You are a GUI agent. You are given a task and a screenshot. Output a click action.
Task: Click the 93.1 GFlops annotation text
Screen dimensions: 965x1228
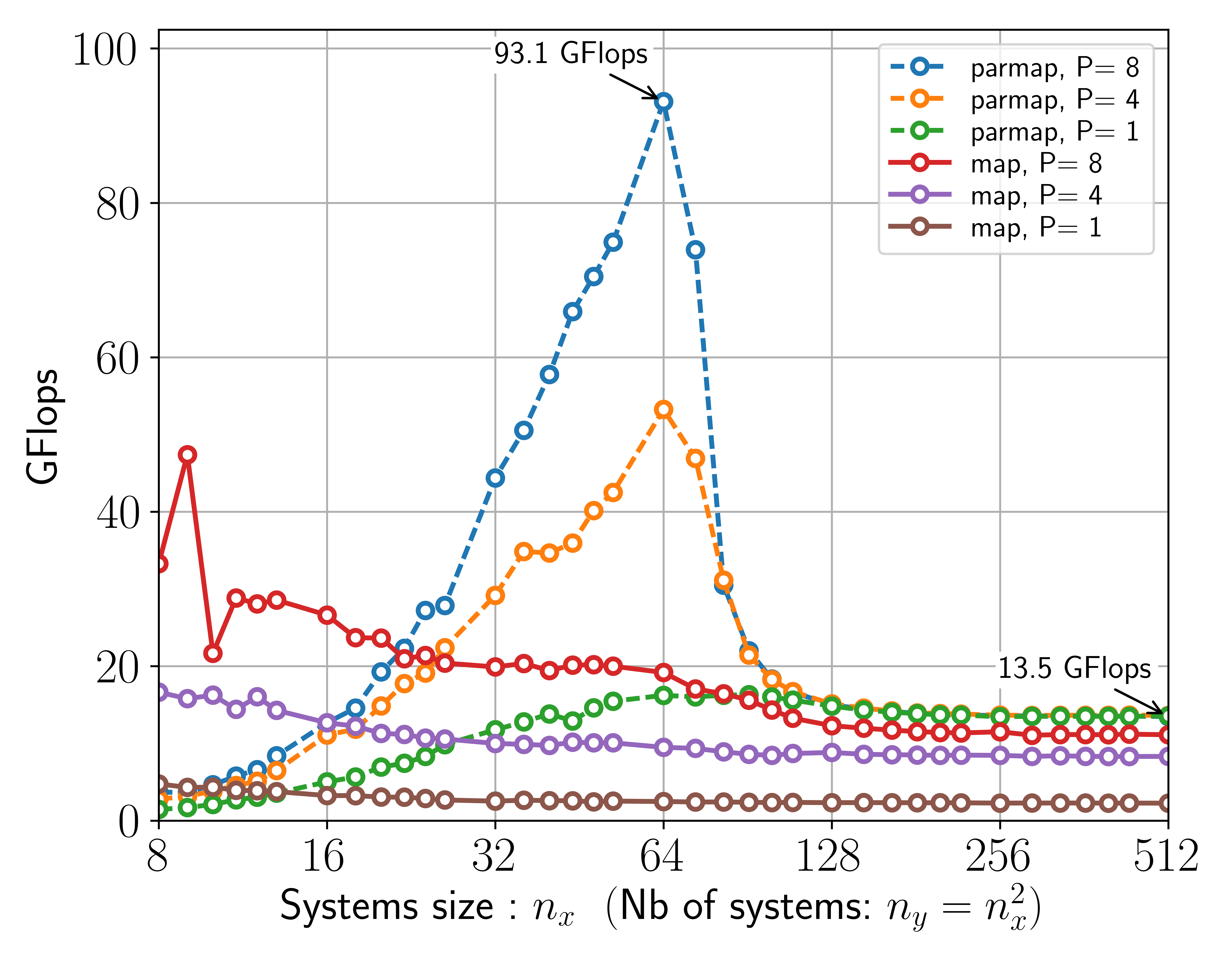click(x=570, y=54)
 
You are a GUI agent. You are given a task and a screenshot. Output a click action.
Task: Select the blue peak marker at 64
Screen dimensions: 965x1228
click(x=664, y=102)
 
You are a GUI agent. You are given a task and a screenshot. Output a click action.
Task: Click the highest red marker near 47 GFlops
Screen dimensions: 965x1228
click(x=188, y=455)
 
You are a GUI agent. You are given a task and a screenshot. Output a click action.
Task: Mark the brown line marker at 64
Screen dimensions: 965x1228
click(x=664, y=801)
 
